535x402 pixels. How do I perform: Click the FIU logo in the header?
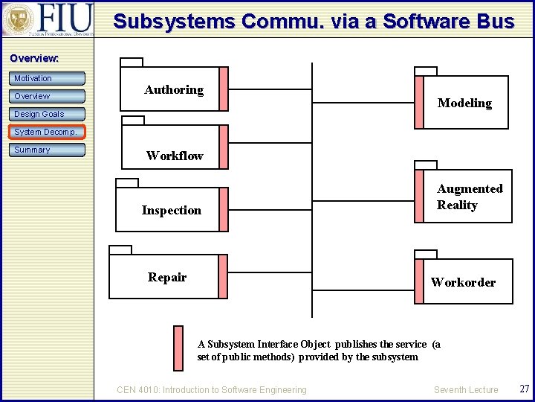click(x=48, y=19)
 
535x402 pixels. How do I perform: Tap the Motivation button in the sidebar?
click(x=48, y=78)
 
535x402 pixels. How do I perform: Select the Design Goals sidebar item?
click(x=48, y=114)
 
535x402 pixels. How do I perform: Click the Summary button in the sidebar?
click(x=48, y=150)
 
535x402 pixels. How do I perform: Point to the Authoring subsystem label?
click(x=174, y=89)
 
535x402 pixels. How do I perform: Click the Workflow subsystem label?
click(x=175, y=156)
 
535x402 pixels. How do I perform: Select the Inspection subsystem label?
click(x=172, y=210)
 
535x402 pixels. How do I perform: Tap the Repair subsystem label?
click(x=167, y=277)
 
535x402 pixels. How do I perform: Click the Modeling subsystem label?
click(x=464, y=103)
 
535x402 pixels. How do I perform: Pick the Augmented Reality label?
click(x=470, y=197)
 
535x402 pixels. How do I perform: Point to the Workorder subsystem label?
click(x=463, y=282)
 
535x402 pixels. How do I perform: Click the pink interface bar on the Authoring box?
click(x=223, y=89)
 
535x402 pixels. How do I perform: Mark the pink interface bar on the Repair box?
click(x=223, y=277)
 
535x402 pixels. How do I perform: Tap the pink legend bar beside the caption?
click(x=178, y=348)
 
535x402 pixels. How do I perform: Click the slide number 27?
click(x=524, y=389)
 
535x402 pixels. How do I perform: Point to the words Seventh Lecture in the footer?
click(x=466, y=389)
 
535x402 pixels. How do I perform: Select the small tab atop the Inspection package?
click(x=127, y=182)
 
